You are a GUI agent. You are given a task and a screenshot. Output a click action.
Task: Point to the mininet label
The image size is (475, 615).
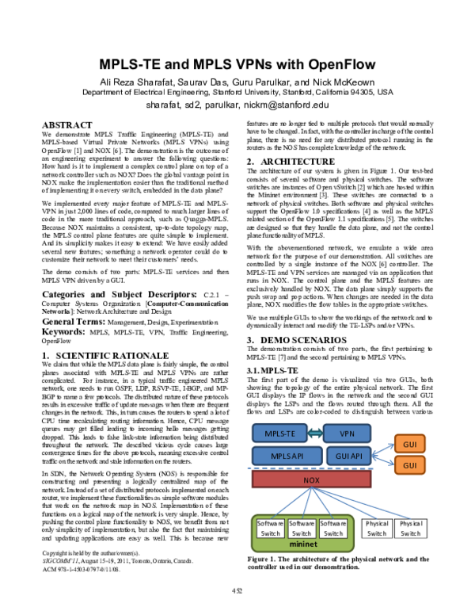[x=301, y=545]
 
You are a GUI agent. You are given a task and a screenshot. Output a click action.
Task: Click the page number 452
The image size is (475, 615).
[x=237, y=590]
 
